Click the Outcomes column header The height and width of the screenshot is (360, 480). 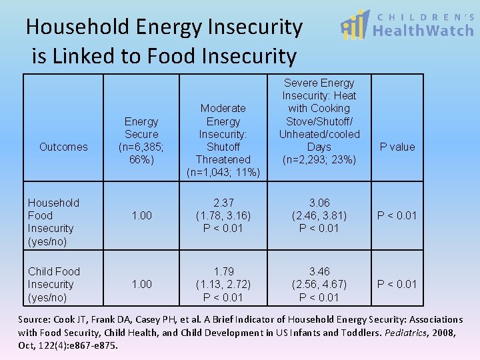[x=63, y=147]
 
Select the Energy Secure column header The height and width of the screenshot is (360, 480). [x=141, y=141]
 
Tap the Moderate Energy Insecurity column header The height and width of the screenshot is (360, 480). [x=223, y=141]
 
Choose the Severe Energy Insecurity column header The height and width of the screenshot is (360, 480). [x=319, y=121]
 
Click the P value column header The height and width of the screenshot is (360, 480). [x=397, y=147]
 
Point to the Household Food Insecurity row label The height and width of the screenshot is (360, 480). [x=53, y=222]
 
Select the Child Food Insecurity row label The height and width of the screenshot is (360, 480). [x=53, y=284]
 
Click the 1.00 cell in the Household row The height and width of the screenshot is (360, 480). [x=141, y=215]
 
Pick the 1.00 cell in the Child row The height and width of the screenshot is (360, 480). [x=141, y=284]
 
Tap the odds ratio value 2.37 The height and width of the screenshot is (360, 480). [x=223, y=203]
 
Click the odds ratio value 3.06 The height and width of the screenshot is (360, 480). [x=319, y=203]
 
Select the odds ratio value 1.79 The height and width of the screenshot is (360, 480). [x=223, y=271]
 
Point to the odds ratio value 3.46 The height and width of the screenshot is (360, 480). [x=319, y=271]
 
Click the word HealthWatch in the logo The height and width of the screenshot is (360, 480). [x=423, y=31]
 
